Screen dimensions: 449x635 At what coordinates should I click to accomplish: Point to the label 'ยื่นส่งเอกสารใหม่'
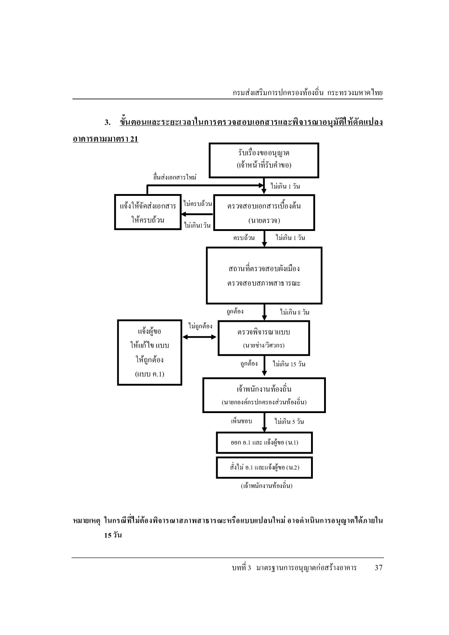(x=175, y=177)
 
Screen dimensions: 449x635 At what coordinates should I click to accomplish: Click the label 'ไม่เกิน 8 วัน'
(x=295, y=312)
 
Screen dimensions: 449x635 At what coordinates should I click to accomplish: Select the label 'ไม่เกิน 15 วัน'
(x=289, y=364)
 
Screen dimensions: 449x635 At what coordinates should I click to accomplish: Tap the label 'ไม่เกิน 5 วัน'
(x=289, y=421)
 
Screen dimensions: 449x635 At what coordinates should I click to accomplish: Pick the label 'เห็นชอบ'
(x=242, y=421)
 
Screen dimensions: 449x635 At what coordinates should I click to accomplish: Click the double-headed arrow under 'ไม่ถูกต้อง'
(x=200, y=337)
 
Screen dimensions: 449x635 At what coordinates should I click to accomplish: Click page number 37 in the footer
(x=378, y=568)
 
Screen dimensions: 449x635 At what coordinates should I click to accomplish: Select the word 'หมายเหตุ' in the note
(x=86, y=521)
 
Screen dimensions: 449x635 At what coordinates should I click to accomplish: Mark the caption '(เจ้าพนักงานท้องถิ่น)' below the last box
(x=267, y=486)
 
